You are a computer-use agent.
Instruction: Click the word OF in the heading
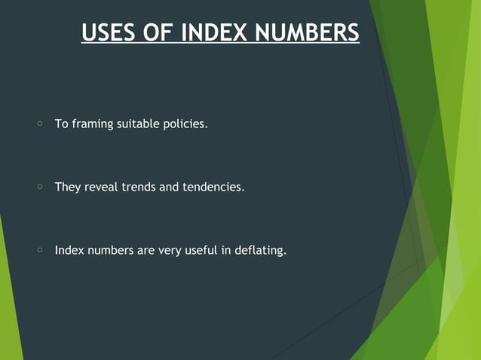click(160, 33)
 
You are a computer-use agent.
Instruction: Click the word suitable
click(138, 124)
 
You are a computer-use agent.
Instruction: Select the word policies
click(185, 124)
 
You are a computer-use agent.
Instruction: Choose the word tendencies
click(213, 187)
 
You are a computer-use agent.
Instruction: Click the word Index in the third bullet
click(69, 250)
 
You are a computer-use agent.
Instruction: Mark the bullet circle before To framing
click(39, 123)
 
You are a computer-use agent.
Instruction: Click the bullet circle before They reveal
click(39, 186)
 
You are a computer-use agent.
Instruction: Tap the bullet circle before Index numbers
click(39, 249)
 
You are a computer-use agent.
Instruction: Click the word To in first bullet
click(61, 124)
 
